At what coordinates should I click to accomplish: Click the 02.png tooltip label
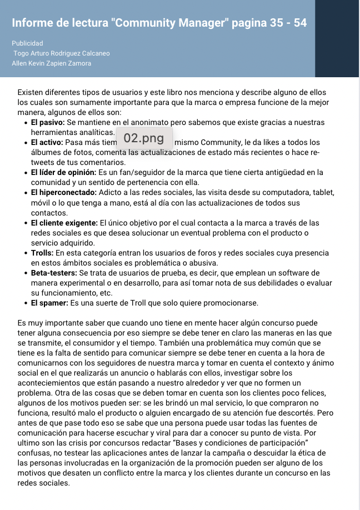(x=144, y=138)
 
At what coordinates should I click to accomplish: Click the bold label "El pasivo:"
(x=48, y=122)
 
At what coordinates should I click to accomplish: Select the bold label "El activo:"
(x=47, y=143)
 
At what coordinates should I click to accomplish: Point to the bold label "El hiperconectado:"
(x=63, y=193)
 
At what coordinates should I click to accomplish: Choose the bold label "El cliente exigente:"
(x=64, y=223)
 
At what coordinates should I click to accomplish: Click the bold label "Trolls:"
(x=41, y=253)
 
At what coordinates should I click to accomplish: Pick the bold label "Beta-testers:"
(x=54, y=273)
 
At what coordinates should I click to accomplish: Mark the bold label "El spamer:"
(x=49, y=303)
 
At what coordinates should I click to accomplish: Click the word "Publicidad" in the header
(x=27, y=43)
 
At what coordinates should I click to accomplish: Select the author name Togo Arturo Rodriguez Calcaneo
(x=62, y=53)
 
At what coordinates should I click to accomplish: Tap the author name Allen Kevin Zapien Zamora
(x=52, y=63)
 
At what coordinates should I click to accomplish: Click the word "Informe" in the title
(x=33, y=23)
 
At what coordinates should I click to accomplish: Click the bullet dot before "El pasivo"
(x=26, y=123)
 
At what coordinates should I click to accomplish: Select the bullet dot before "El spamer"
(x=26, y=303)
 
